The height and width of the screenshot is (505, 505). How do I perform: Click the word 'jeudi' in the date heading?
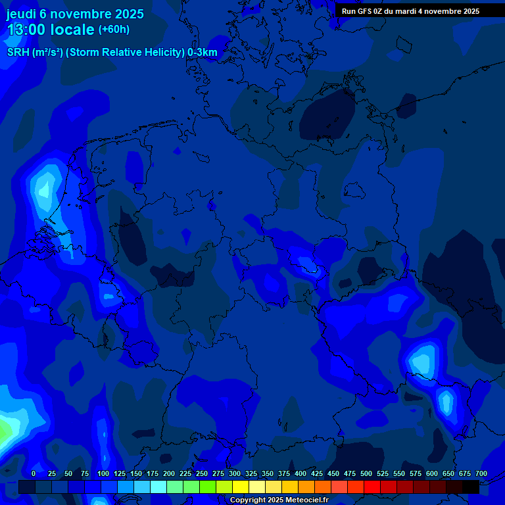coord(22,14)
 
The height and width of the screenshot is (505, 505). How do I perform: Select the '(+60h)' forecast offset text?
coord(114,30)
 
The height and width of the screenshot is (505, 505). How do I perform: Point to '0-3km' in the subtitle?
coord(203,53)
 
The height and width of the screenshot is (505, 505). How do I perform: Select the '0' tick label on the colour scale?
coord(34,473)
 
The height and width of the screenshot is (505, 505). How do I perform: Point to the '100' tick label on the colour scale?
coord(103,473)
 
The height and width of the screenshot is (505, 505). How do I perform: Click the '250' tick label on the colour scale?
coord(202,473)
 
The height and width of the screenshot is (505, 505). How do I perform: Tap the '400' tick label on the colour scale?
coord(301,473)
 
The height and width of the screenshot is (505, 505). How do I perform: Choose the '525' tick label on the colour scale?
coord(383,473)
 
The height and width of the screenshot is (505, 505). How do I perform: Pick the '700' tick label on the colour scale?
coord(481,473)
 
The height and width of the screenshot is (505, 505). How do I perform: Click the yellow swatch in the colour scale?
coord(241,487)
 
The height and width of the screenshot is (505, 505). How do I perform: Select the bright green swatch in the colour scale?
coord(208,487)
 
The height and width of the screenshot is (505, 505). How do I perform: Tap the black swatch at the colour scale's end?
coord(471,487)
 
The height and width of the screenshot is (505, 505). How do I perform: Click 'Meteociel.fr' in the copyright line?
coord(307,500)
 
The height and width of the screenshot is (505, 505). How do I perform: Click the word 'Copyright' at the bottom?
coord(248,500)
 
